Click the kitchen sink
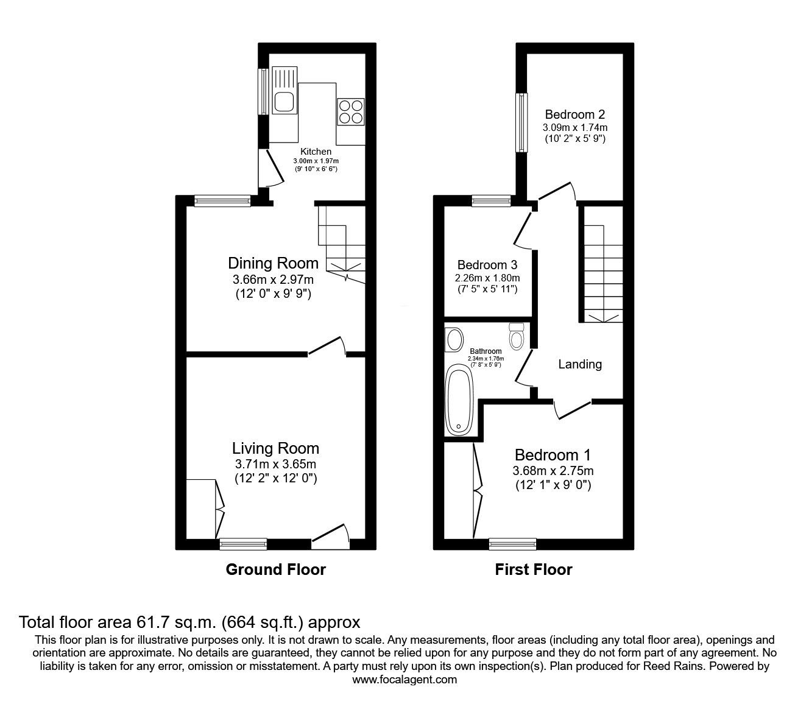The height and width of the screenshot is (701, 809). click(284, 100)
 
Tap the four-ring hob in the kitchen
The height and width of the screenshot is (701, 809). click(350, 111)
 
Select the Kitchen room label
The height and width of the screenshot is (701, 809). click(316, 152)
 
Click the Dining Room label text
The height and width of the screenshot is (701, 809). click(273, 263)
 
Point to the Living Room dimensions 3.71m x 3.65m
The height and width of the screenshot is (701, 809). click(275, 464)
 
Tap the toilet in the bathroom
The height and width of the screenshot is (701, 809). click(517, 337)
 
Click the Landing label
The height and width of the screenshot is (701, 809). click(580, 364)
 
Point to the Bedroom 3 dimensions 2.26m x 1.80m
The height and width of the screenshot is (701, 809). click(487, 277)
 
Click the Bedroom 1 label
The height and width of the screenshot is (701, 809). click(553, 455)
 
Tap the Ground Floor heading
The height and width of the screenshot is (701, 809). click(275, 569)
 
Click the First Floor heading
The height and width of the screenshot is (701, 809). click(533, 569)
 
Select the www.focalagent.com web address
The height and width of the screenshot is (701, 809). click(404, 680)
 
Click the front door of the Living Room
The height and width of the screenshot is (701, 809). click(331, 535)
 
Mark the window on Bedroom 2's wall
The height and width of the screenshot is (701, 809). click(521, 122)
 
